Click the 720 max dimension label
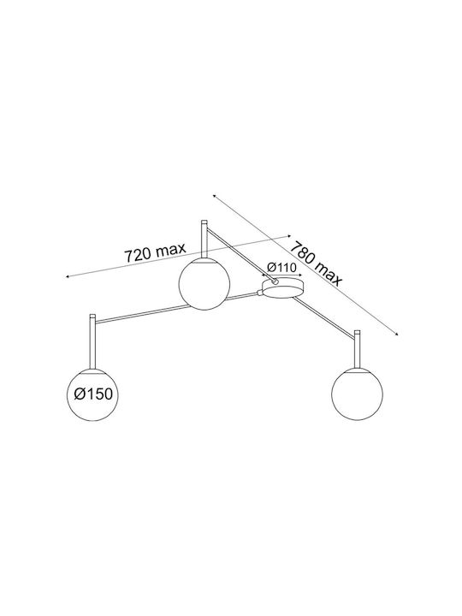coord(155,252)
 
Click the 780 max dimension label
coord(317,264)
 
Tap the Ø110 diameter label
coord(281,268)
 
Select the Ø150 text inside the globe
coord(93,394)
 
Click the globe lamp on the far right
coord(357,394)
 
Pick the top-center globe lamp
coord(204,283)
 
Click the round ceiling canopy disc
coord(283,287)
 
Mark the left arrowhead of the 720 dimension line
coord(68,276)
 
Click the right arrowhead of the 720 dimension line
coord(289,236)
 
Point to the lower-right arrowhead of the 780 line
coord(397,334)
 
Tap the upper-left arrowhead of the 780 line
coord(215,195)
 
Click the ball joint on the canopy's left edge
coord(259,293)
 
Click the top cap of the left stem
coord(92,317)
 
